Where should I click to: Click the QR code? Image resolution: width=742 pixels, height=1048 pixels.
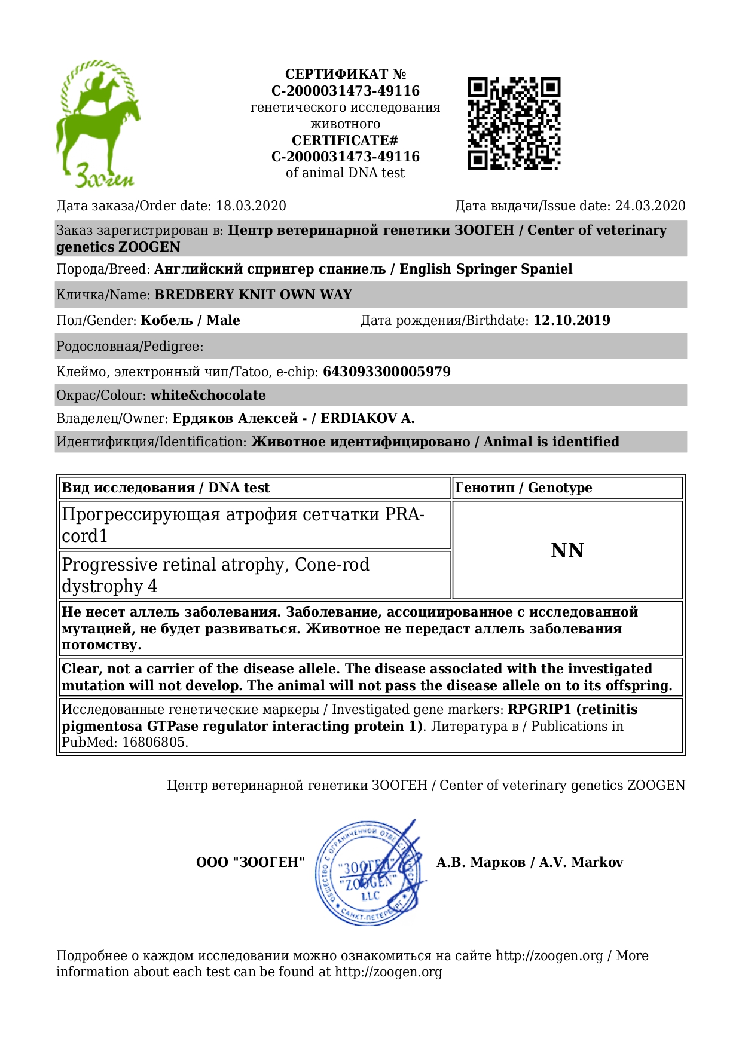pos(514,123)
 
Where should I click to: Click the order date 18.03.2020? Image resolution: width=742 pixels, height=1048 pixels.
pos(251,206)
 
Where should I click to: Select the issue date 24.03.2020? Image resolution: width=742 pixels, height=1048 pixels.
pos(650,206)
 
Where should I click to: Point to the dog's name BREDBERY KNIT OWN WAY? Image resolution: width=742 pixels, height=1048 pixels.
pos(253,295)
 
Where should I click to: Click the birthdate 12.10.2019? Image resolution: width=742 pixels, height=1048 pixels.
pos(572,320)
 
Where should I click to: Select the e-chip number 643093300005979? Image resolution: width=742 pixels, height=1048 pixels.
pos(386,372)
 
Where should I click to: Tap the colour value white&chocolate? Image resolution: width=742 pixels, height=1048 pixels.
pos(208,395)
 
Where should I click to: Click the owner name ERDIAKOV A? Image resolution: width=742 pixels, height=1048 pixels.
pos(367,418)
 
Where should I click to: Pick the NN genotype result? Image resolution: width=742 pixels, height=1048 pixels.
pos(567,550)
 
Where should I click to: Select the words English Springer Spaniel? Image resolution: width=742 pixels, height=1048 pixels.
pos(485,269)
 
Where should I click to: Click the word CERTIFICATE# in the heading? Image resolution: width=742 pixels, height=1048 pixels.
pos(345,140)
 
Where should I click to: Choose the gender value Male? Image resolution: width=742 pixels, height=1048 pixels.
pos(223,320)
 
